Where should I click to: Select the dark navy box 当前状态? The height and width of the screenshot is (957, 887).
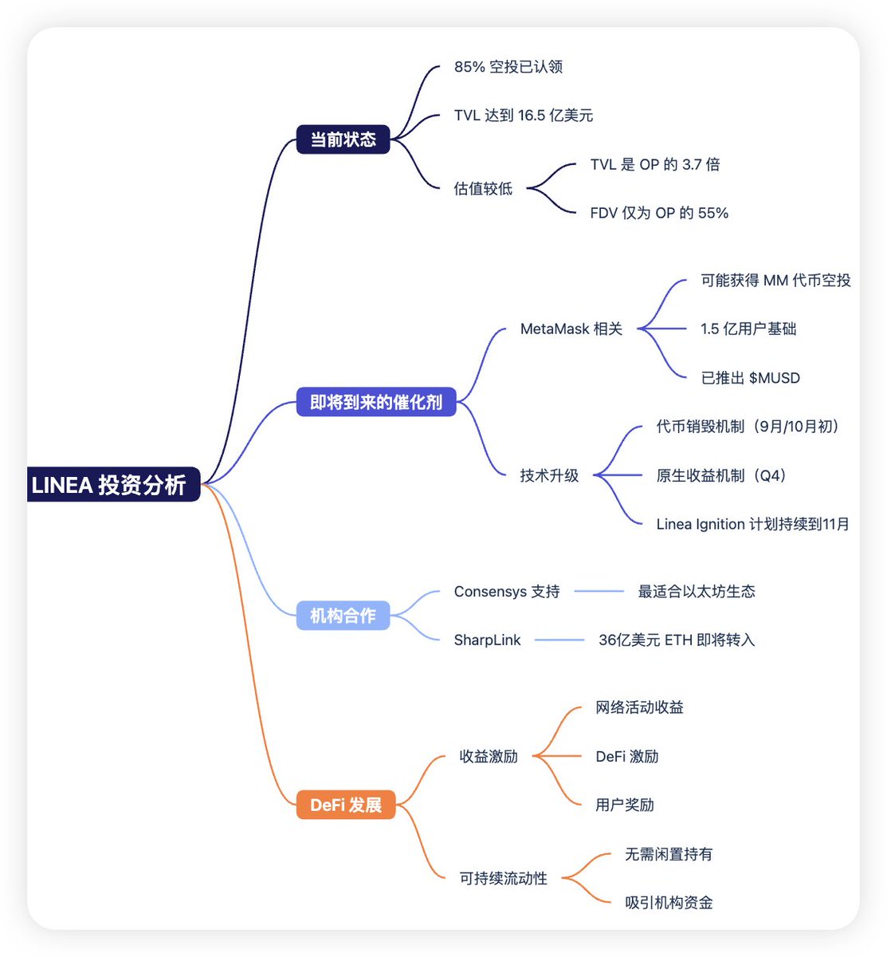(343, 140)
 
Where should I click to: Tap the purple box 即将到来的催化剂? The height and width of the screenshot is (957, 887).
(376, 402)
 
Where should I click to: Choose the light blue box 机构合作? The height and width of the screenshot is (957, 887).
(343, 616)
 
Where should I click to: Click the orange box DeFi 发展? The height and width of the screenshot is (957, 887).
(346, 805)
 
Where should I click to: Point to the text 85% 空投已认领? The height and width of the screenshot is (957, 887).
(508, 67)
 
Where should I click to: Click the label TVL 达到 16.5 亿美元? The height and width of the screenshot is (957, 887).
(524, 116)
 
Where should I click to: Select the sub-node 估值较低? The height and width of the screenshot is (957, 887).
(483, 189)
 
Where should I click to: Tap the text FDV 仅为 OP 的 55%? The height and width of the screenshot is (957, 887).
(659, 213)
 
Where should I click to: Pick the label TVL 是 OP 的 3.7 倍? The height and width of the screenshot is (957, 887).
(655, 164)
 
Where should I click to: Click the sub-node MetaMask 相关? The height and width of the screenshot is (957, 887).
(571, 329)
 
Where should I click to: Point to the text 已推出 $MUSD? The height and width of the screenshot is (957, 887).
(750, 378)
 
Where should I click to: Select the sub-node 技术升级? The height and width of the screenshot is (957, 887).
(549, 475)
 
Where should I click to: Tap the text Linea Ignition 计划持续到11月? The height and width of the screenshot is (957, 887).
(753, 524)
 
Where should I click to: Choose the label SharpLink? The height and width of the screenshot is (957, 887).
(487, 640)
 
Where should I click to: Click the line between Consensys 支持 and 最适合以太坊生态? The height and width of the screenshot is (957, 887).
(599, 591)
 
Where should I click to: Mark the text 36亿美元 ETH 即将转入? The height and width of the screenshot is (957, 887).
(677, 640)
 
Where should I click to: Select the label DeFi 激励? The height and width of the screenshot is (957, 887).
(627, 756)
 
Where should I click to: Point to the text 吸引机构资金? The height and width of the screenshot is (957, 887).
(669, 903)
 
